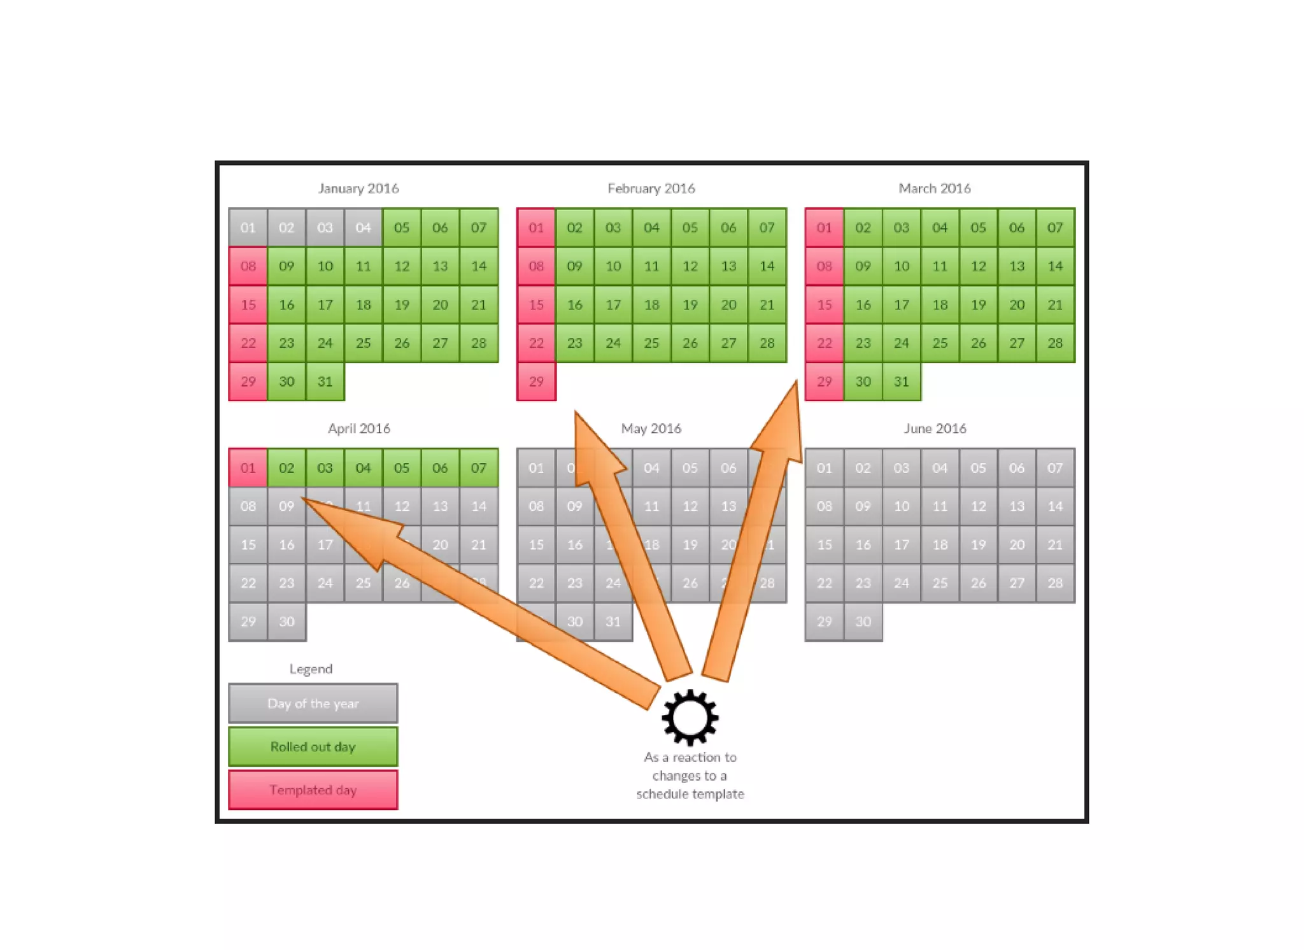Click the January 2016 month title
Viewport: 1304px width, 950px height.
(358, 188)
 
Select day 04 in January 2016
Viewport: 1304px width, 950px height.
(363, 227)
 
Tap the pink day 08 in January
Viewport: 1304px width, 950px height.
(248, 266)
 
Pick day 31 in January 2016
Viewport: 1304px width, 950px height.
(325, 381)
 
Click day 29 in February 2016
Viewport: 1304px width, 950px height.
(536, 381)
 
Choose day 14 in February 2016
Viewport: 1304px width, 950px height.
(767, 266)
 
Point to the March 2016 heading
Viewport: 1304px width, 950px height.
(934, 188)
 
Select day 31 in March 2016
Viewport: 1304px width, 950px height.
(901, 381)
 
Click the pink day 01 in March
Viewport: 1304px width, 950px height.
(824, 227)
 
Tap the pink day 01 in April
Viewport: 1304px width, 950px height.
(248, 468)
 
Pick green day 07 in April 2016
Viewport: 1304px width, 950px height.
(478, 468)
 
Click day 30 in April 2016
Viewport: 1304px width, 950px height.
(287, 621)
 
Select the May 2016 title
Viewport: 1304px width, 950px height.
(651, 429)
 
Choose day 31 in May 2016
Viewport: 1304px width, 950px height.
(613, 621)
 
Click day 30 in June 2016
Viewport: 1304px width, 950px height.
(863, 621)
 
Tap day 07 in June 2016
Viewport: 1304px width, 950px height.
(1054, 468)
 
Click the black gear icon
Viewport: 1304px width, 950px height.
(690, 717)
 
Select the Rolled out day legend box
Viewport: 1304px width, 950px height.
(313, 746)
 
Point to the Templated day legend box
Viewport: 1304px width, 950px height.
(313, 790)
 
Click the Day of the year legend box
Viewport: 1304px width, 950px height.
(313, 704)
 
